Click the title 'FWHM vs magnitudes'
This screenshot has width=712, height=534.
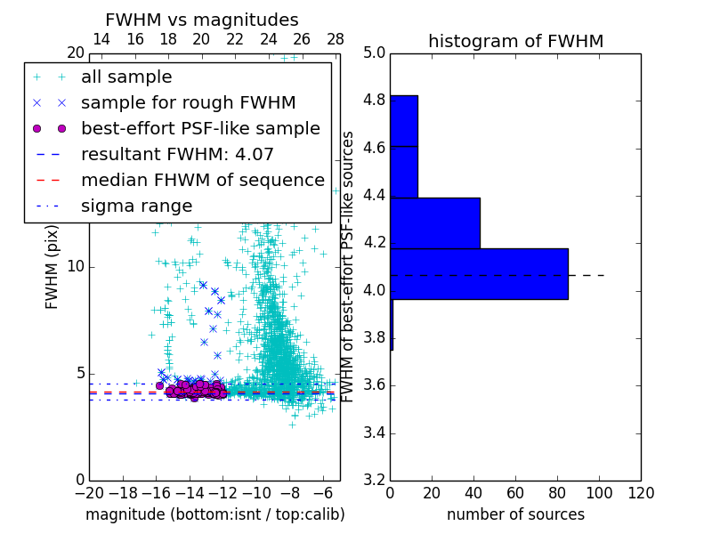(x=202, y=20)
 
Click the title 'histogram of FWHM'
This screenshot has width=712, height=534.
(x=515, y=41)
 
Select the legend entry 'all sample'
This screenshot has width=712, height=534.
(x=126, y=77)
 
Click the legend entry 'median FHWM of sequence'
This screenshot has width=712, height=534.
(x=202, y=181)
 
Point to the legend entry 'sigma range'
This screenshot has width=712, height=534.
(x=136, y=206)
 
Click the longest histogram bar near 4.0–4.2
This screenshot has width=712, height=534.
(x=479, y=273)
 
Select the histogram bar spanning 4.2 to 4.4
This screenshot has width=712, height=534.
(x=435, y=222)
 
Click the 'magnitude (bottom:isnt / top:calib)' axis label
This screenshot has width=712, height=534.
(x=214, y=515)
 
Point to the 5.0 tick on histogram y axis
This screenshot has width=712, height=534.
(x=374, y=53)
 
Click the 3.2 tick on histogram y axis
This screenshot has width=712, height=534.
(x=374, y=481)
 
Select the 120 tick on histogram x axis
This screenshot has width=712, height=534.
(x=640, y=493)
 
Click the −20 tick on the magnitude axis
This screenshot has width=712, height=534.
(x=89, y=493)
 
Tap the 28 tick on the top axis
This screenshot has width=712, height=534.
(x=336, y=39)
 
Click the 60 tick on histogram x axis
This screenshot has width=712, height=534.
(x=515, y=493)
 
